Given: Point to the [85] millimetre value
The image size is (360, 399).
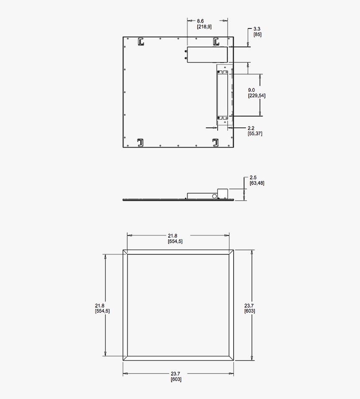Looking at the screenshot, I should [257, 34].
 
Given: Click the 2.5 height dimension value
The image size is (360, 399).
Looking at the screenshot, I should [253, 178].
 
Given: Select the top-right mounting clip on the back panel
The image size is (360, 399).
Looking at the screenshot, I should [216, 41].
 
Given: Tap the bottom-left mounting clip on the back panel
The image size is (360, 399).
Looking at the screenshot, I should [141, 142].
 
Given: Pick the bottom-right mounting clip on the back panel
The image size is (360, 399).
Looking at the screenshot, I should [216, 142].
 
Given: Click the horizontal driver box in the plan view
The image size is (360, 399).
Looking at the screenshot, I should [207, 55].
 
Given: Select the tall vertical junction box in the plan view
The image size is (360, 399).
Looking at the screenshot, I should [223, 94].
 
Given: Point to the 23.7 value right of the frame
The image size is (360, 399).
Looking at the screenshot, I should [249, 306].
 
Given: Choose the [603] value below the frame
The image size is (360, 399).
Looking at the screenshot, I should [176, 379].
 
